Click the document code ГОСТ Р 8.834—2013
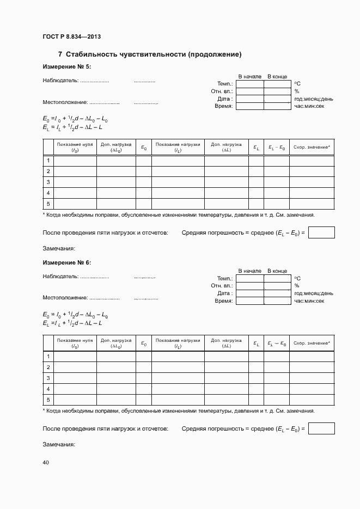click(72, 36)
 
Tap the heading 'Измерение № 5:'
click(67, 66)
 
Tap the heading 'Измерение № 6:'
click(67, 262)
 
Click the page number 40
click(46, 462)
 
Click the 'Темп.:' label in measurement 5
click(225, 84)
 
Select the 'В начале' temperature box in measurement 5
click(249, 84)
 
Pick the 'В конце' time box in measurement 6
click(277, 301)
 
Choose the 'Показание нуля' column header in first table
click(75, 147)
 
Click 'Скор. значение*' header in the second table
click(312, 343)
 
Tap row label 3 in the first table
click(48, 182)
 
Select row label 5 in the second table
click(48, 400)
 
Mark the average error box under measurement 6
click(321, 428)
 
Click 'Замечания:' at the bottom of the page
click(59, 444)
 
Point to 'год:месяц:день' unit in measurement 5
click(314, 99)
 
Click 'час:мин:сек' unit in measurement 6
click(309, 301)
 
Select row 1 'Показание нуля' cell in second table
click(75, 357)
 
